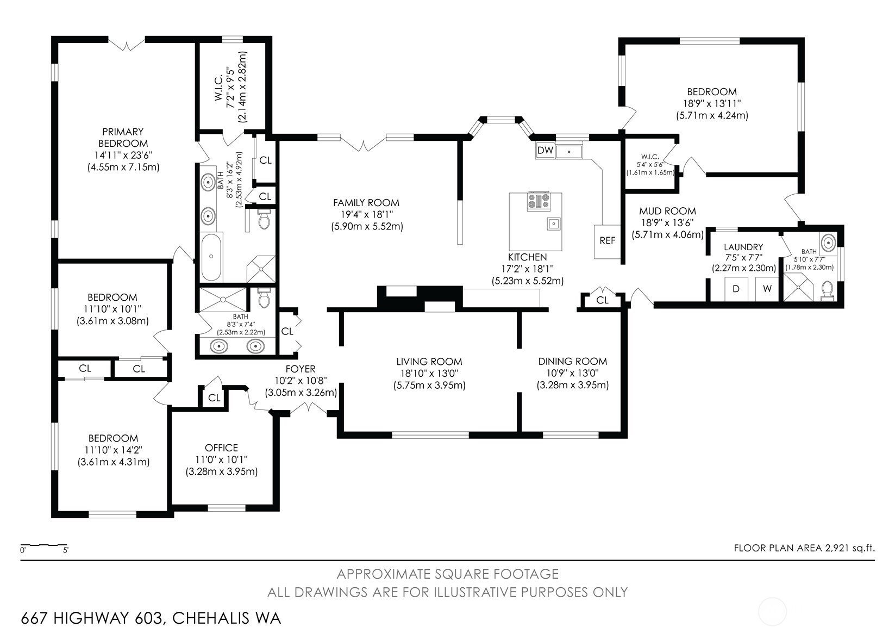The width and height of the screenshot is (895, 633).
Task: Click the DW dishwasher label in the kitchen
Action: [545, 150]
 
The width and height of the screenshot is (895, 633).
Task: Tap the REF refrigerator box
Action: [608, 241]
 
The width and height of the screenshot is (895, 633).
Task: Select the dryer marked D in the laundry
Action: [736, 289]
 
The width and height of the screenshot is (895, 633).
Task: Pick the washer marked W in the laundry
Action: [767, 289]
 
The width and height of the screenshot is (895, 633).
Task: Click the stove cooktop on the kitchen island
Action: [539, 201]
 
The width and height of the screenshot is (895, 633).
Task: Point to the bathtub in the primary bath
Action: [211, 257]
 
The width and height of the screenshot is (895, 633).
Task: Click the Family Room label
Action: [366, 203]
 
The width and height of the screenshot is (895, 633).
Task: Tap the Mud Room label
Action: [667, 211]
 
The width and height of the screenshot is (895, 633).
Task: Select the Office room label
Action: [221, 448]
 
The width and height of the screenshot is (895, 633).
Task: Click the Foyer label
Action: [301, 369]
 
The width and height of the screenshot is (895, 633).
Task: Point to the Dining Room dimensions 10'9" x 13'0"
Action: [573, 373]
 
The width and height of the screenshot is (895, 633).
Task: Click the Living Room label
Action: [429, 362]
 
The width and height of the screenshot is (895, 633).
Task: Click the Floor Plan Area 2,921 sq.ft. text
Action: [804, 548]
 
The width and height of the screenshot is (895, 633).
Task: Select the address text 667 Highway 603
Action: [92, 618]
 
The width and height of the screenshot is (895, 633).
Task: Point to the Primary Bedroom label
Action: [123, 138]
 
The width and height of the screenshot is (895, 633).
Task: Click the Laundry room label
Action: [743, 247]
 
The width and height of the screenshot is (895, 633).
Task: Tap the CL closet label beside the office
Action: [214, 398]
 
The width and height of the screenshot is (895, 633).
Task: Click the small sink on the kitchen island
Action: [553, 224]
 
